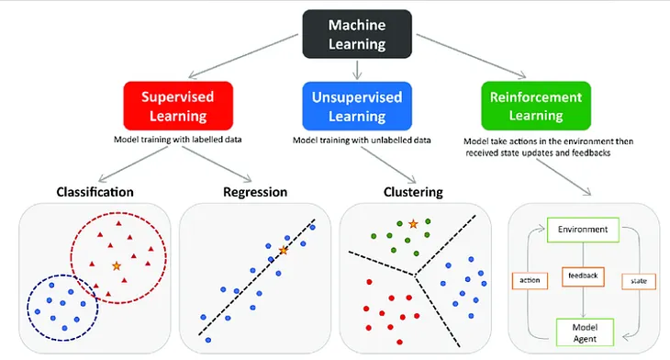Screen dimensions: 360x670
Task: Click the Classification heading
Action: pyautogui.click(x=95, y=193)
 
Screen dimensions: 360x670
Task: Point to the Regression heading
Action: pyautogui.click(x=255, y=193)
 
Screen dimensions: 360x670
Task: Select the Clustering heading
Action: pyautogui.click(x=412, y=193)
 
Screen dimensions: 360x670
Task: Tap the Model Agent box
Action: pyautogui.click(x=584, y=331)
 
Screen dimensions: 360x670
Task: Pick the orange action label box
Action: pyautogui.click(x=530, y=280)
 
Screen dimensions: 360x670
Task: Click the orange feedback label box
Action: pyautogui.click(x=583, y=275)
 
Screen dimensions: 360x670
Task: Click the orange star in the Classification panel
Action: pyautogui.click(x=116, y=265)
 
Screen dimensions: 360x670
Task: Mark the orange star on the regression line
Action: pyautogui.click(x=283, y=250)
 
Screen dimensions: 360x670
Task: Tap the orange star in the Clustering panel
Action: pyautogui.click(x=414, y=223)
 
